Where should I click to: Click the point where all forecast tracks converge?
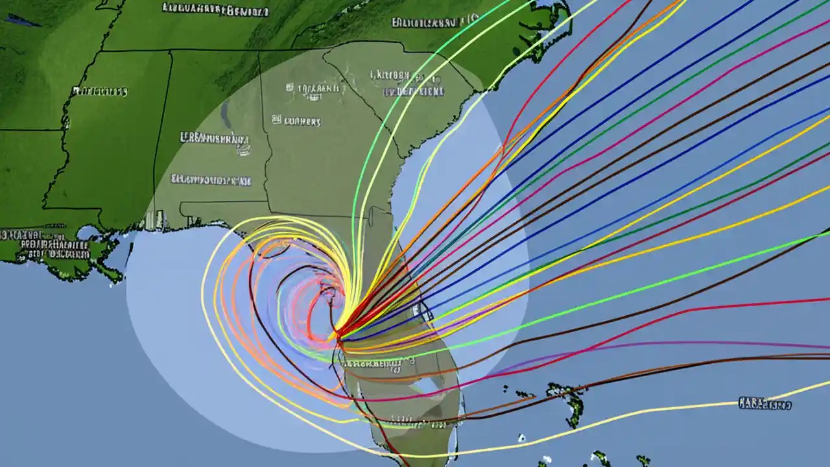click(x=338, y=335)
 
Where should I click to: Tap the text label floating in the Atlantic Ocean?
click(x=765, y=404)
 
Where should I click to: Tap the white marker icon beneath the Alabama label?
click(x=244, y=150)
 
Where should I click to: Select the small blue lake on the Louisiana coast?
click(x=87, y=232)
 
